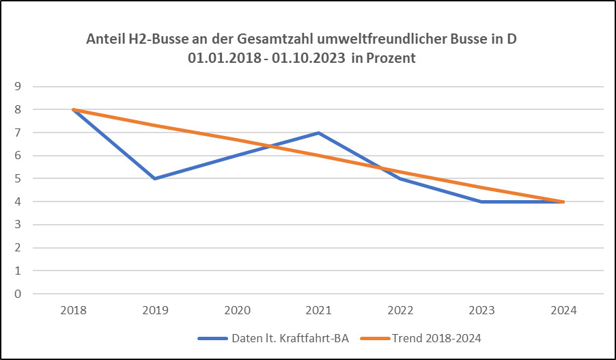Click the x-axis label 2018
[x=73, y=311]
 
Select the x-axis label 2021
[x=318, y=311]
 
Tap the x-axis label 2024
[x=563, y=311]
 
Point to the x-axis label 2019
[x=155, y=311]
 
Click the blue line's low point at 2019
[x=155, y=178]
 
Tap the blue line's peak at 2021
[x=318, y=133]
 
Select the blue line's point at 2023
[x=482, y=202]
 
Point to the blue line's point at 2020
[x=237, y=156]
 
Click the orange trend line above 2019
[x=155, y=125]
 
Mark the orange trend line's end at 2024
[x=563, y=202]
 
